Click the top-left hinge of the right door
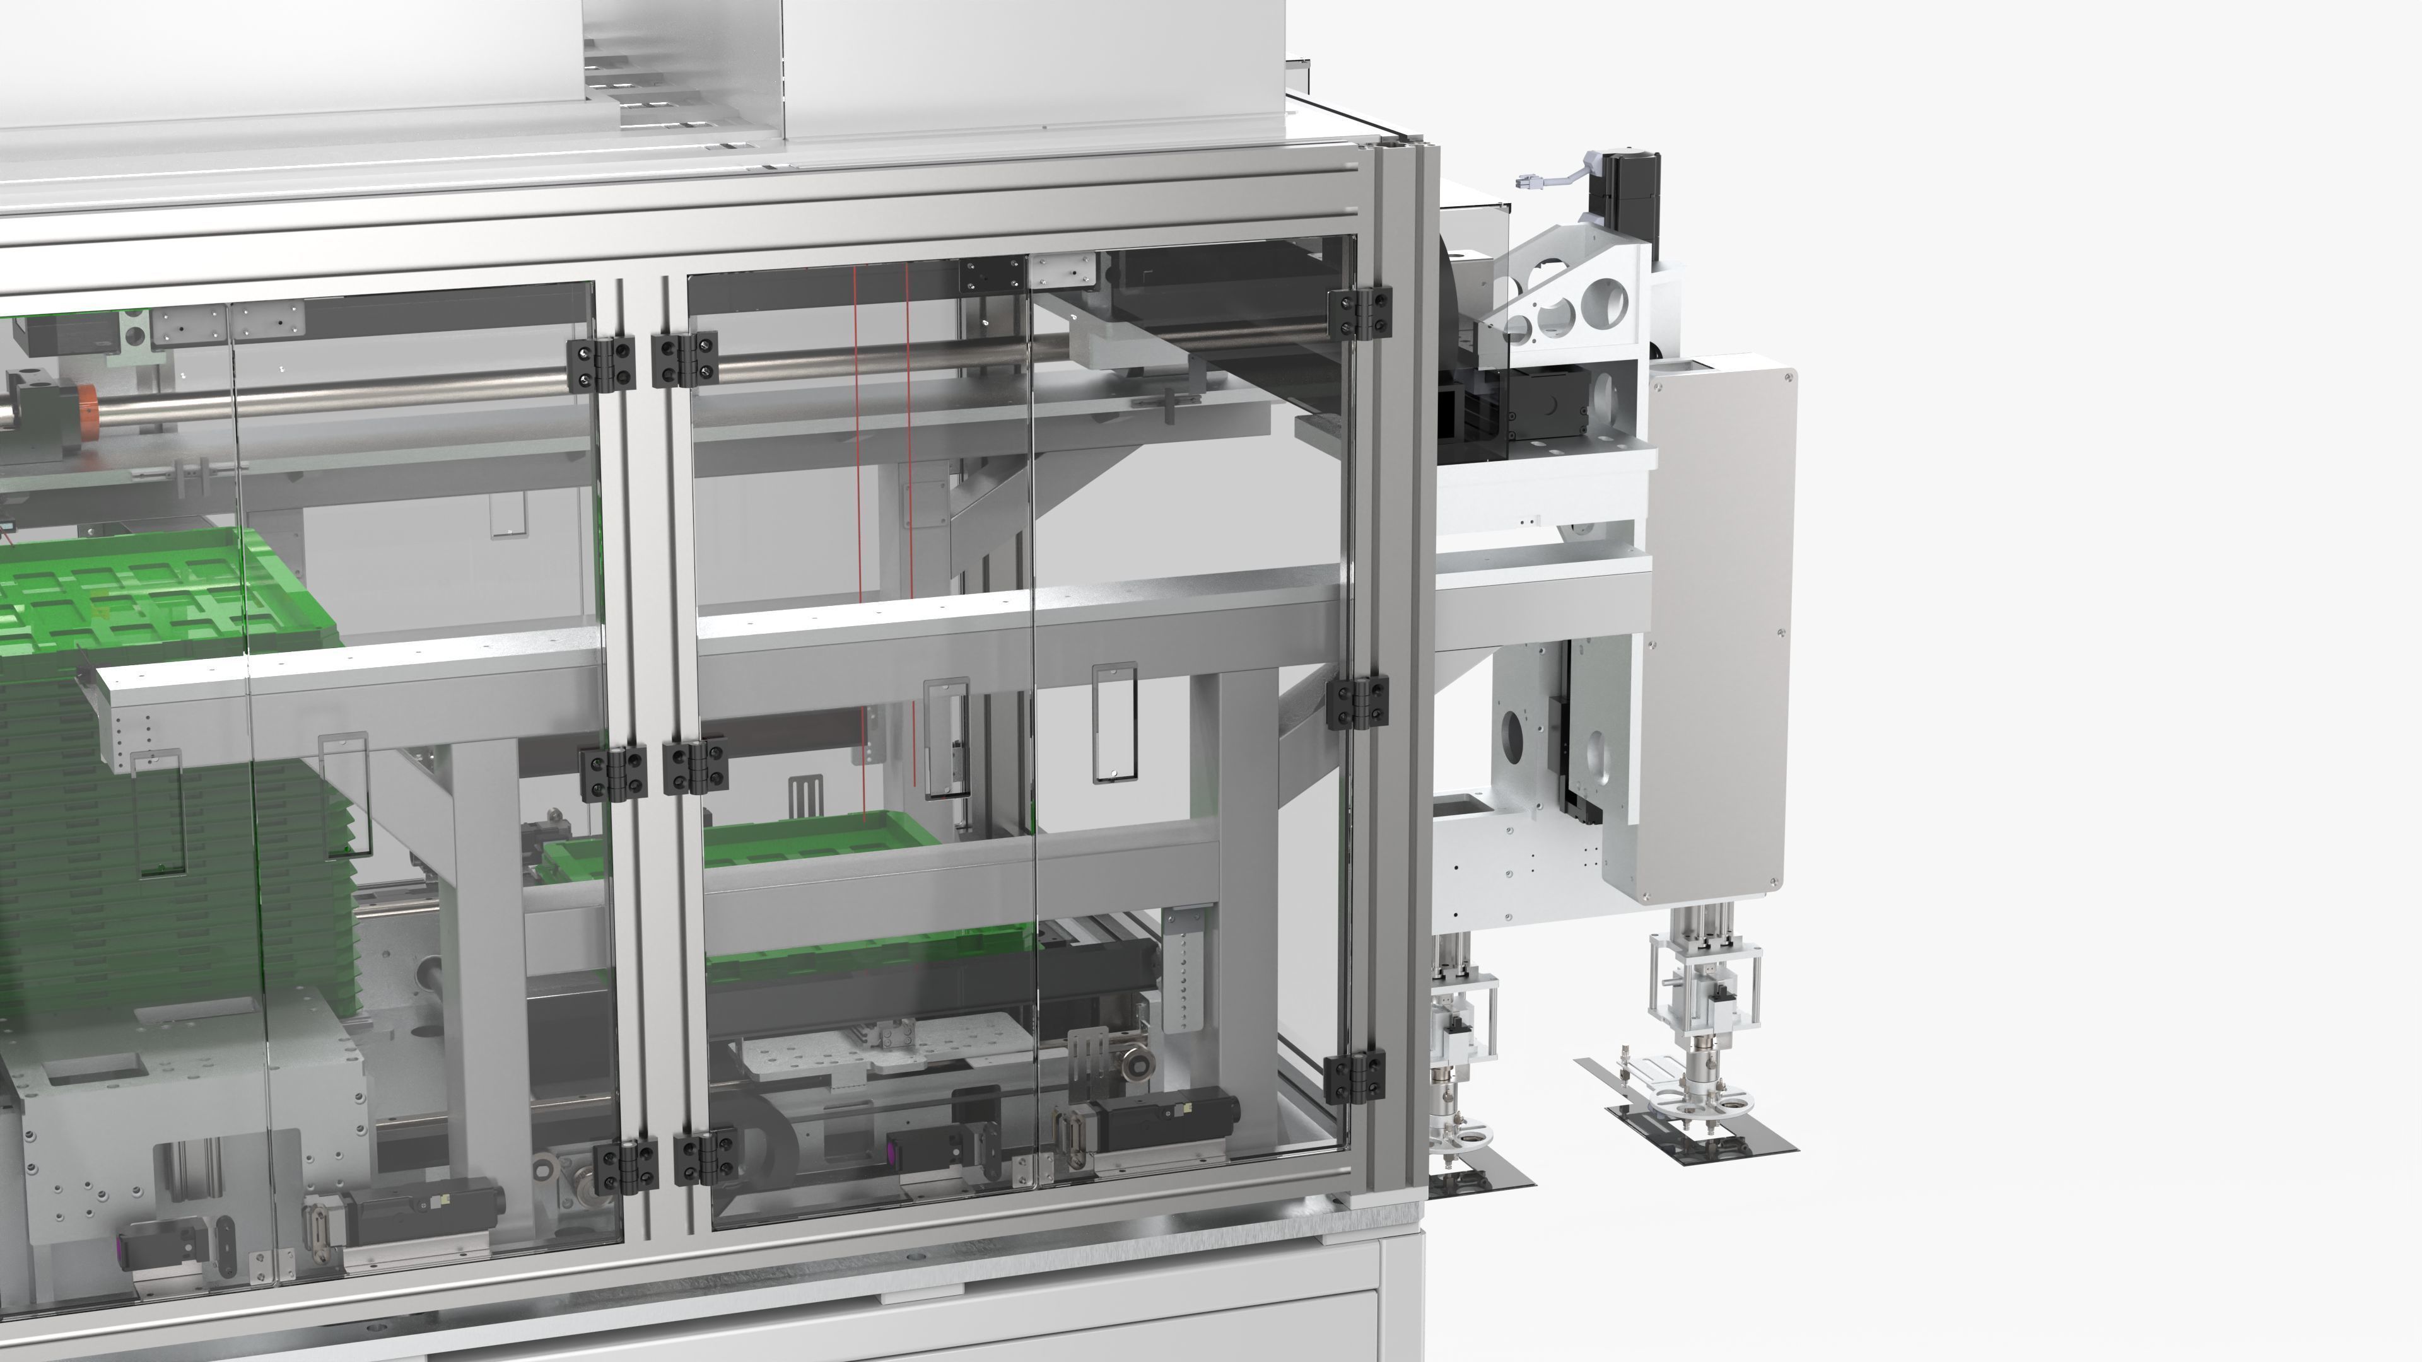click(684, 359)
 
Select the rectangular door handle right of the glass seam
click(1113, 722)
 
